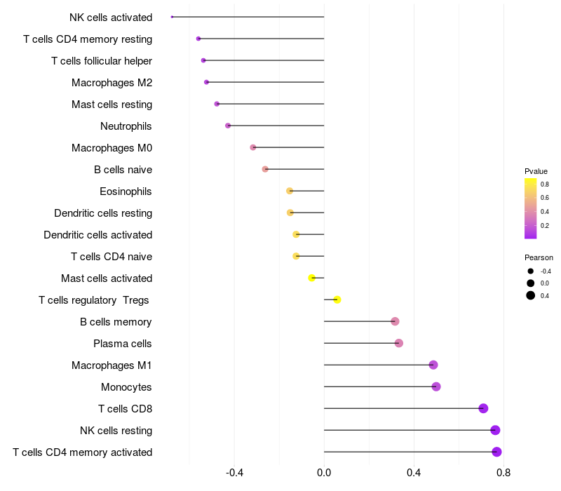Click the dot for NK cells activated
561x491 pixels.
point(172,17)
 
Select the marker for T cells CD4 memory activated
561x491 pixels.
point(496,452)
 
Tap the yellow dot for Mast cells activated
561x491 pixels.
point(312,278)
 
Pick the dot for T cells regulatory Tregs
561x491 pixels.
point(337,300)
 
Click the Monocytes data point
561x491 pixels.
point(436,386)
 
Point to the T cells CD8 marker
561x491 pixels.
point(483,408)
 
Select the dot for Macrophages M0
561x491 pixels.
point(253,147)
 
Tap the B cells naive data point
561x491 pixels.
point(265,169)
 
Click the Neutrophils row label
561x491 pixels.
point(126,126)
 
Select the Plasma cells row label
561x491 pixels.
point(123,344)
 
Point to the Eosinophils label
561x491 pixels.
point(126,191)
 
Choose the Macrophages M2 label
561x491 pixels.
point(112,83)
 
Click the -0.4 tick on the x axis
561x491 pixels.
point(234,473)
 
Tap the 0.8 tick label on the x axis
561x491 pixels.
point(503,473)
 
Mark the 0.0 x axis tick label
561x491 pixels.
point(324,473)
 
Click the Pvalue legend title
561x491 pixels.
point(536,171)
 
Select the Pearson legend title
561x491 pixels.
point(539,257)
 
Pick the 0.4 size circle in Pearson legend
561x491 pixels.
point(531,295)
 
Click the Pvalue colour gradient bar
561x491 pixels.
point(531,208)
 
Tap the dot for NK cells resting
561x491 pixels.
point(495,430)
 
